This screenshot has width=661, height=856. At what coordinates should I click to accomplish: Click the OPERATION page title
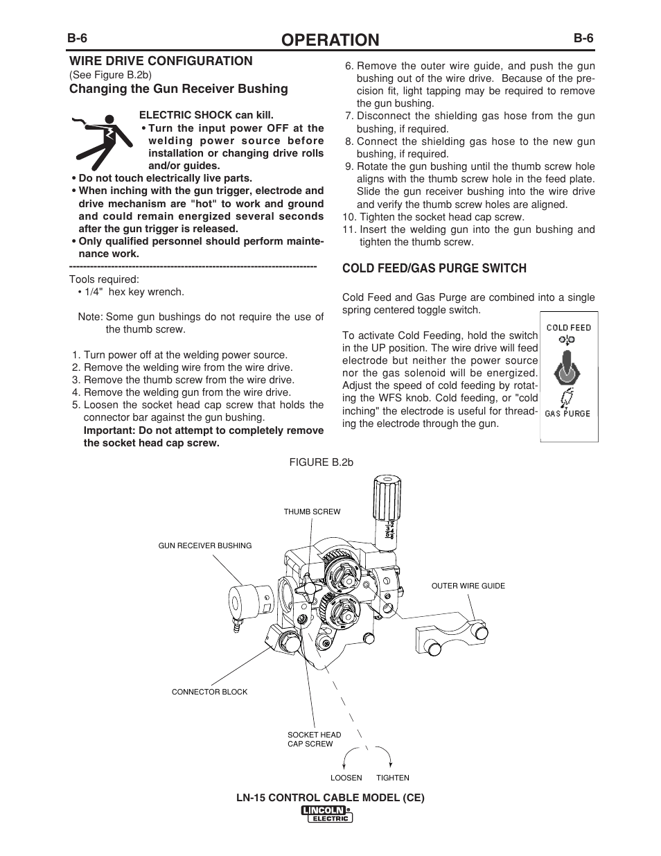(330, 40)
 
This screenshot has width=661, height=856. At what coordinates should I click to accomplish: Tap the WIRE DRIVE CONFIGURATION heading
(160, 61)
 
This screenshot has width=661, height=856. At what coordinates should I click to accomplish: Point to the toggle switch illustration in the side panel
(568, 368)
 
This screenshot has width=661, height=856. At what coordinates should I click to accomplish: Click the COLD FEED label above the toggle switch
(569, 327)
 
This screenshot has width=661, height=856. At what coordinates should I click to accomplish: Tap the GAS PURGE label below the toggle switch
(568, 414)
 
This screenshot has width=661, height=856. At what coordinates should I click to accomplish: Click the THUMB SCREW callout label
(312, 512)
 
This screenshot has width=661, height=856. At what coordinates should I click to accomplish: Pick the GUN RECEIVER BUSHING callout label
(205, 545)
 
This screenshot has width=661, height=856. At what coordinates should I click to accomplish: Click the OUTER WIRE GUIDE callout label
(468, 586)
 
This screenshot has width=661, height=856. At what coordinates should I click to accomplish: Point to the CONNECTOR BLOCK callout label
(209, 692)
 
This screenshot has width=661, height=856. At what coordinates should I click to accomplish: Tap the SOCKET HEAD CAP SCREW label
(314, 739)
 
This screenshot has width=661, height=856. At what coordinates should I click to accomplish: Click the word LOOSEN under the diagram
(346, 778)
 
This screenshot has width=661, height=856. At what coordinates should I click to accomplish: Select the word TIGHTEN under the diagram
(393, 778)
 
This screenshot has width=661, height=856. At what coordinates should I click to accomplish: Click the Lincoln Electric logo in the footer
(327, 814)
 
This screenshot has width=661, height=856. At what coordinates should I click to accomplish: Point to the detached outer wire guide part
(450, 633)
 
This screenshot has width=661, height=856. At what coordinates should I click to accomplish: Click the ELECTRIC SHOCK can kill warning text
(206, 115)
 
